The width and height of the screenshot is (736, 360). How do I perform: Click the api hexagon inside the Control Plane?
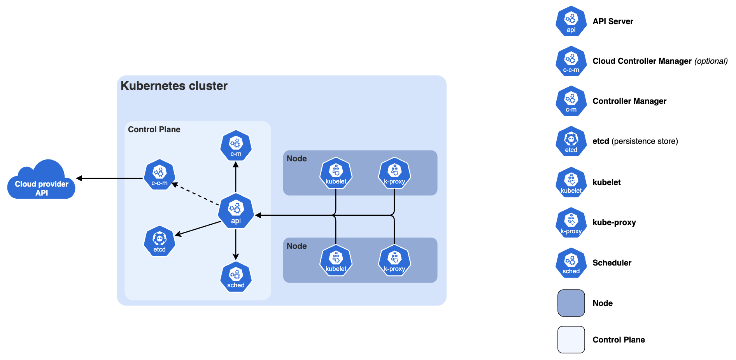pos(236,211)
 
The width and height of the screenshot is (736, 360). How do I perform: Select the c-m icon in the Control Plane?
pos(236,145)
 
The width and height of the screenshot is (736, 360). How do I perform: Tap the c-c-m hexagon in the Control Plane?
pos(159,175)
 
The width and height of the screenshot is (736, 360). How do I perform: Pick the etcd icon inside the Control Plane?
pos(159,241)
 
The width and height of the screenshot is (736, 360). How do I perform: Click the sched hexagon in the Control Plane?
pos(236,277)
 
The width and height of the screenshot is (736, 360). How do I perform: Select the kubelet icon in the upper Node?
pos(336,173)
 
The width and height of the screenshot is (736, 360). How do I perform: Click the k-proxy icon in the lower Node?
pos(394,260)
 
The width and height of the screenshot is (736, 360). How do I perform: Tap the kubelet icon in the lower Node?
pos(336,260)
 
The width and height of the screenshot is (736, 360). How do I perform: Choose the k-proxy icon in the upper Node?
pos(394,173)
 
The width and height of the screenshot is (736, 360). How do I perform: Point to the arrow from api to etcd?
pos(198,229)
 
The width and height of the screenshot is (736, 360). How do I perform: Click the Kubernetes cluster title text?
pos(174,86)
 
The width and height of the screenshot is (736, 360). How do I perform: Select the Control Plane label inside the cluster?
pos(154,129)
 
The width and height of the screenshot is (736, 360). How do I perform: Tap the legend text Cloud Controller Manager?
pos(642,61)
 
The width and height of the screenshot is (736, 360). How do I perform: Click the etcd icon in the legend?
pos(571,142)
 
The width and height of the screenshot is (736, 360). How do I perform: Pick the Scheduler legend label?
pos(612,263)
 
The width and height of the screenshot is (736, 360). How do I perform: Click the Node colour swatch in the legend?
pos(571,303)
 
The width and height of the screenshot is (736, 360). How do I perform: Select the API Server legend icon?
pos(571,21)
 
